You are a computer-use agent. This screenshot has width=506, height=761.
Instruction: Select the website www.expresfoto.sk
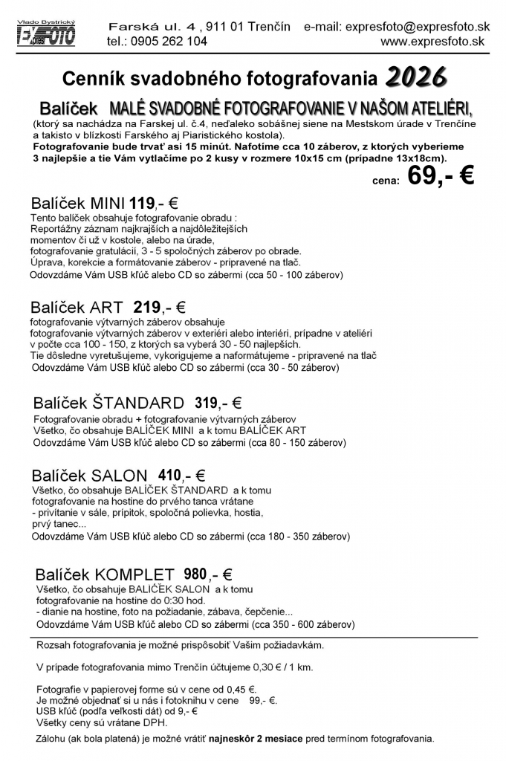(432, 42)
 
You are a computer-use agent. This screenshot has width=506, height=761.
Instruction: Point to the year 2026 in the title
(416, 75)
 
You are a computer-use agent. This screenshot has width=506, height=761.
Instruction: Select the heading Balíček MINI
(78, 204)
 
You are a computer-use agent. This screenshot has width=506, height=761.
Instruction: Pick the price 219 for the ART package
(147, 307)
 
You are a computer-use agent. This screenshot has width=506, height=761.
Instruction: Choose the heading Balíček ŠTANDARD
(108, 404)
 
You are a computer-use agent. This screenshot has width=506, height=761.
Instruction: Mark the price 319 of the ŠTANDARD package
(206, 404)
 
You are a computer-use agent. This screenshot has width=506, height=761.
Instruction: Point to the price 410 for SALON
(170, 476)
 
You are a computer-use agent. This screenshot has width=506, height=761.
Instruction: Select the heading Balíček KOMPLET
(105, 574)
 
